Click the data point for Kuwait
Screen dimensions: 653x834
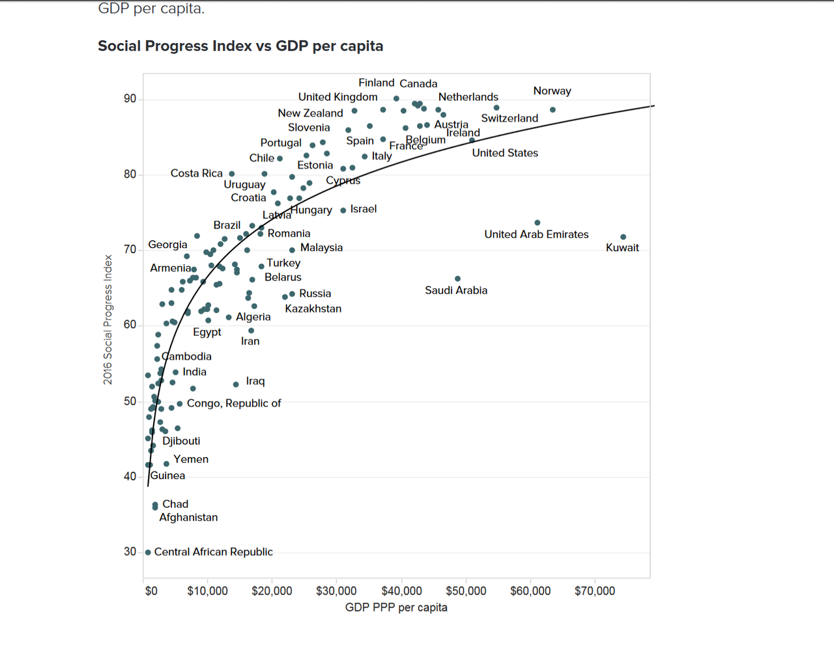624,237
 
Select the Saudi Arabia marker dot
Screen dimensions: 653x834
457,279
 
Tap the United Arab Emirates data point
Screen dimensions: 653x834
538,223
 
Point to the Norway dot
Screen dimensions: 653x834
553,110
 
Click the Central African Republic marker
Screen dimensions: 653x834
148,552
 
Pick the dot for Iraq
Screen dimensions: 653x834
236,385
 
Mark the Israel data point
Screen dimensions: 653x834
343,210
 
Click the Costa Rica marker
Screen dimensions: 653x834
232,174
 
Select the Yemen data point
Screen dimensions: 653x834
166,464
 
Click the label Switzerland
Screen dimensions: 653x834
510,118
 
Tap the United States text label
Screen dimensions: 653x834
505,153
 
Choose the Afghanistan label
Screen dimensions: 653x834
188,518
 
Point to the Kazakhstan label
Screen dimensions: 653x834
313,309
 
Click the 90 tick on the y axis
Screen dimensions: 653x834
130,99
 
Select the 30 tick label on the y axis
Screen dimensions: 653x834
130,551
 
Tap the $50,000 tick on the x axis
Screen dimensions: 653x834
466,591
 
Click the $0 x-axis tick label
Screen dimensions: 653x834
151,591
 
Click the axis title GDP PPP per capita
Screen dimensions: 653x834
396,607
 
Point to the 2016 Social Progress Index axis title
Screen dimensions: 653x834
108,319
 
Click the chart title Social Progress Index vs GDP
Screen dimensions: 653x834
240,46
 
